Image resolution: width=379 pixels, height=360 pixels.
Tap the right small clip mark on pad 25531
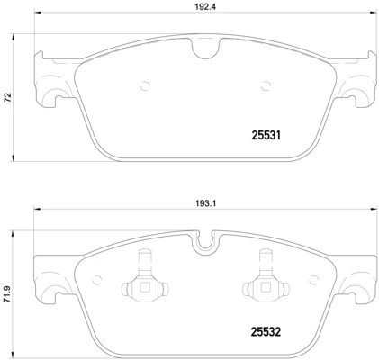[x=265, y=86]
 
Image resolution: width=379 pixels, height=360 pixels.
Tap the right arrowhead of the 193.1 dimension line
[x=374, y=210]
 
